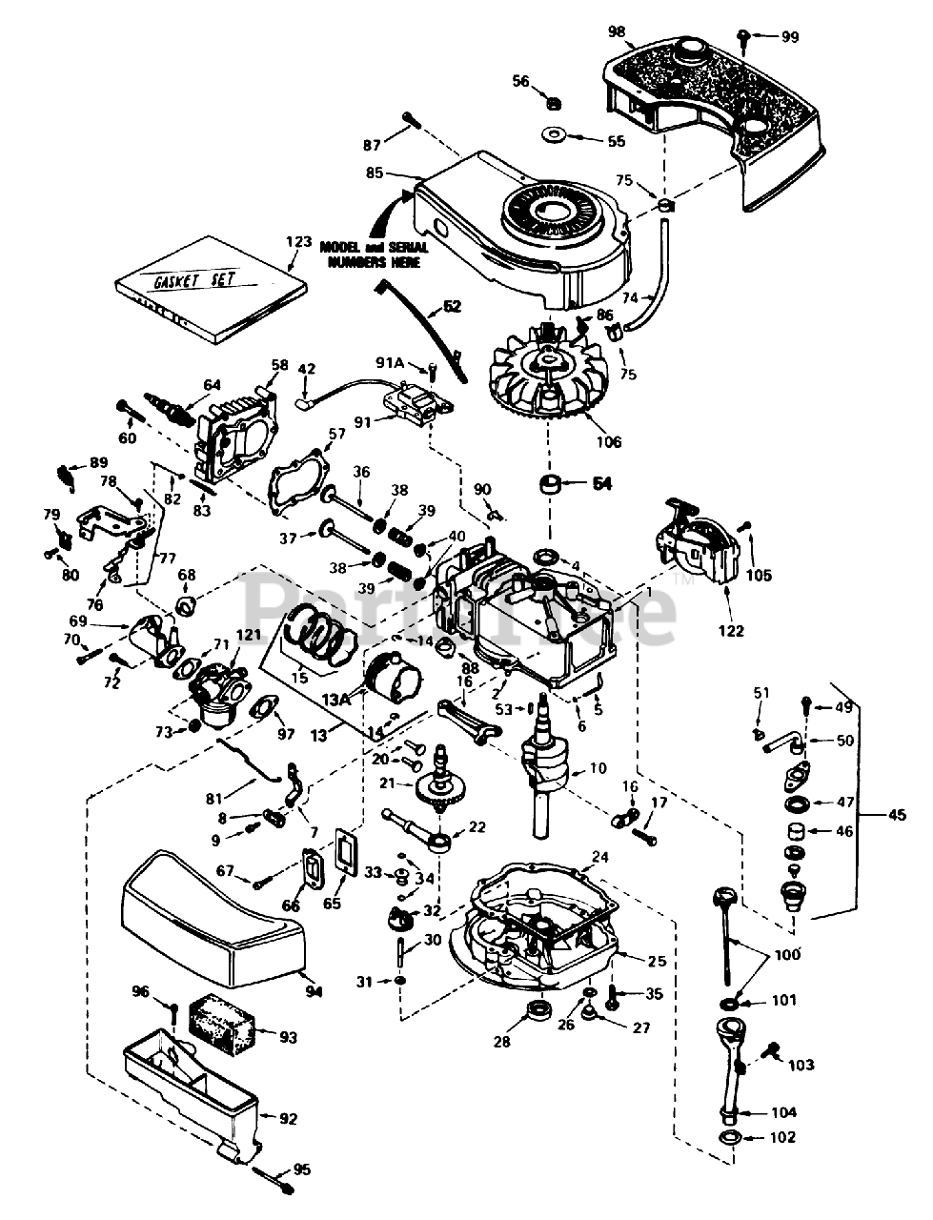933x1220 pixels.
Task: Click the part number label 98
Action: coord(617,31)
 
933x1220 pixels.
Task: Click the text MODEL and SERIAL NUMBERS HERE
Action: coord(373,254)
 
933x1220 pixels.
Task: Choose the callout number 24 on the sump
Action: coord(598,857)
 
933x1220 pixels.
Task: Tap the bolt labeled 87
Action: coord(412,122)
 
